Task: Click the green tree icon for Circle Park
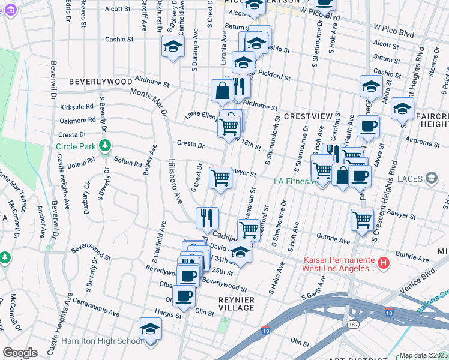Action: click(106, 146)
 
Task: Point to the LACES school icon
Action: click(431, 178)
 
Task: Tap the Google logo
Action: click(20, 353)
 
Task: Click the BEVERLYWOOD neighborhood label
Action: click(100, 81)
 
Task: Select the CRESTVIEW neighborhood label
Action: click(309, 115)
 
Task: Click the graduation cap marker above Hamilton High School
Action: click(150, 329)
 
